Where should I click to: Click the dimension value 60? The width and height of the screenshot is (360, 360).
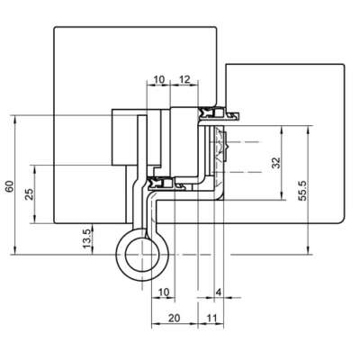(x=10, y=186)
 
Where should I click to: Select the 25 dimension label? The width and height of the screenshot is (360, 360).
(x=30, y=194)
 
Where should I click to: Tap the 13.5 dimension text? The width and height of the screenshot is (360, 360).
(x=86, y=238)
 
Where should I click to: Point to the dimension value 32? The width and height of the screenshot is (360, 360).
(x=276, y=163)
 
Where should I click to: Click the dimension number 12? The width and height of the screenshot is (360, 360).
(x=184, y=79)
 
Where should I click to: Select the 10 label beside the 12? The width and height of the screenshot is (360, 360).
(x=159, y=79)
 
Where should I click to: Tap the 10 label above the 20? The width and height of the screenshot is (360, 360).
(x=164, y=292)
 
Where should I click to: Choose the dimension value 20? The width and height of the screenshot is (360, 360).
(x=174, y=318)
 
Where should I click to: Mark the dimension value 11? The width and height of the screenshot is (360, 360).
(x=211, y=318)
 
